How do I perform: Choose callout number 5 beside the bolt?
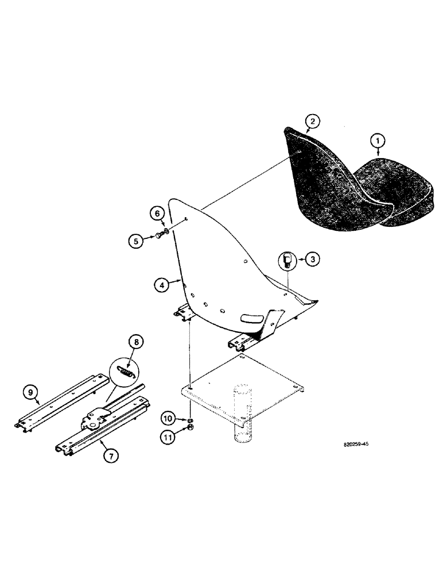point(135,241)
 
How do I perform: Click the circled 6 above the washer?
point(158,213)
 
